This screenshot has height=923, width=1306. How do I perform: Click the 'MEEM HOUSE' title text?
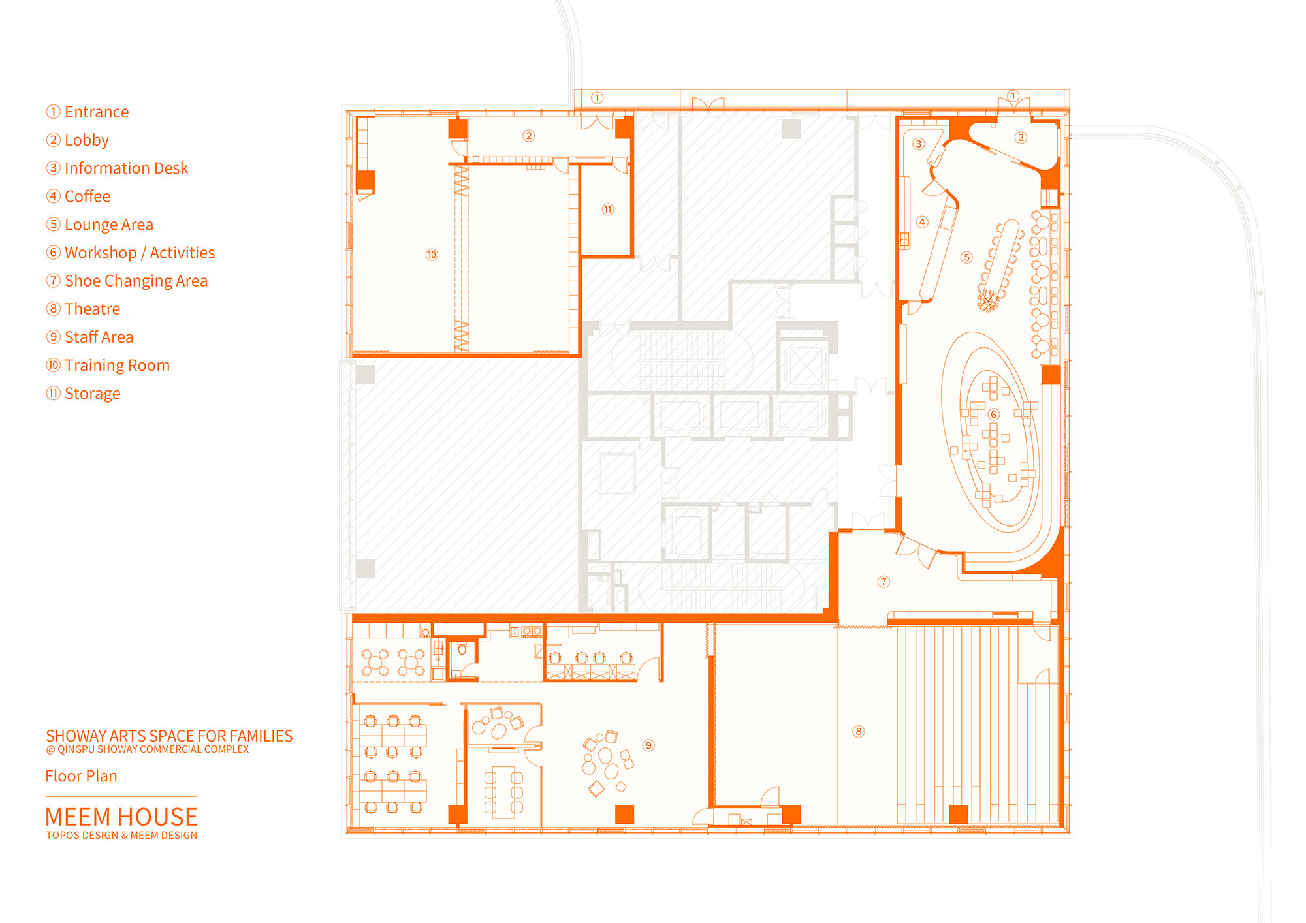[121, 817]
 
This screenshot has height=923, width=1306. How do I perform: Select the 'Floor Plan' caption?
[81, 776]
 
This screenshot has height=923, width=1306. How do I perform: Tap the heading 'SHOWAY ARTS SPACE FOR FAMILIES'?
[169, 736]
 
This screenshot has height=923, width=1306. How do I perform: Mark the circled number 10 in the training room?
[432, 255]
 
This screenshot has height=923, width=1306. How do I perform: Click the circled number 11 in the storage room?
[608, 210]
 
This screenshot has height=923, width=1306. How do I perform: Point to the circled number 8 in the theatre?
[859, 731]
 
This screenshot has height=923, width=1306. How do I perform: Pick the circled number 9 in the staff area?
[648, 745]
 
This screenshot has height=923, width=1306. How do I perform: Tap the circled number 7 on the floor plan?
[884, 582]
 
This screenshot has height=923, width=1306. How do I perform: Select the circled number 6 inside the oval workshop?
[994, 415]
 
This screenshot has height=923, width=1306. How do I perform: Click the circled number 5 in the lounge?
[967, 257]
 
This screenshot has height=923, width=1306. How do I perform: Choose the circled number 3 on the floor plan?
[919, 144]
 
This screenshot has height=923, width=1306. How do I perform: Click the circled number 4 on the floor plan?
[922, 222]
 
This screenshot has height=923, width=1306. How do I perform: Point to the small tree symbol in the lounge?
[989, 300]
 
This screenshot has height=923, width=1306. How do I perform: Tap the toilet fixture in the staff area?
[462, 649]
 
